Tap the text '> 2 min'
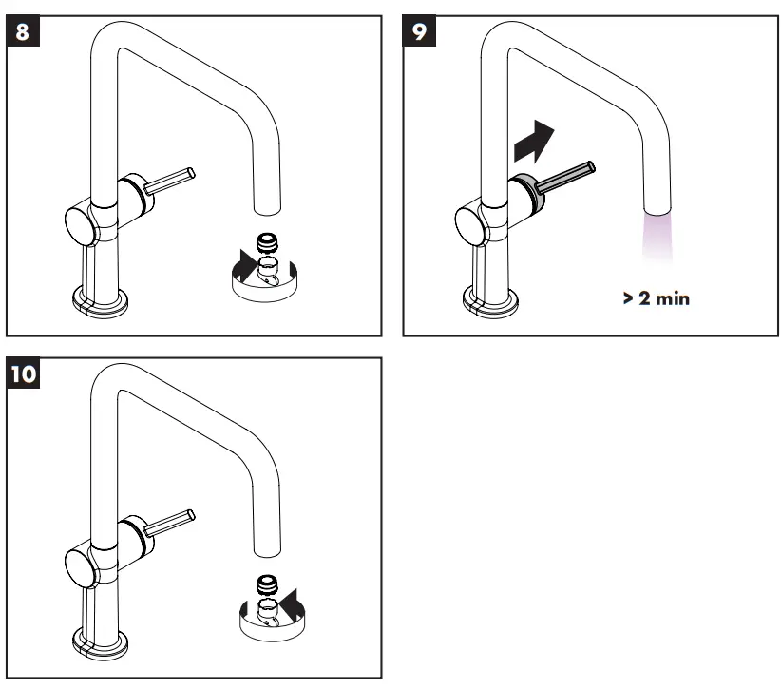click(x=657, y=298)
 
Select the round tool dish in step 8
click(x=267, y=280)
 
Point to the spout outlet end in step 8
click(x=266, y=203)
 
